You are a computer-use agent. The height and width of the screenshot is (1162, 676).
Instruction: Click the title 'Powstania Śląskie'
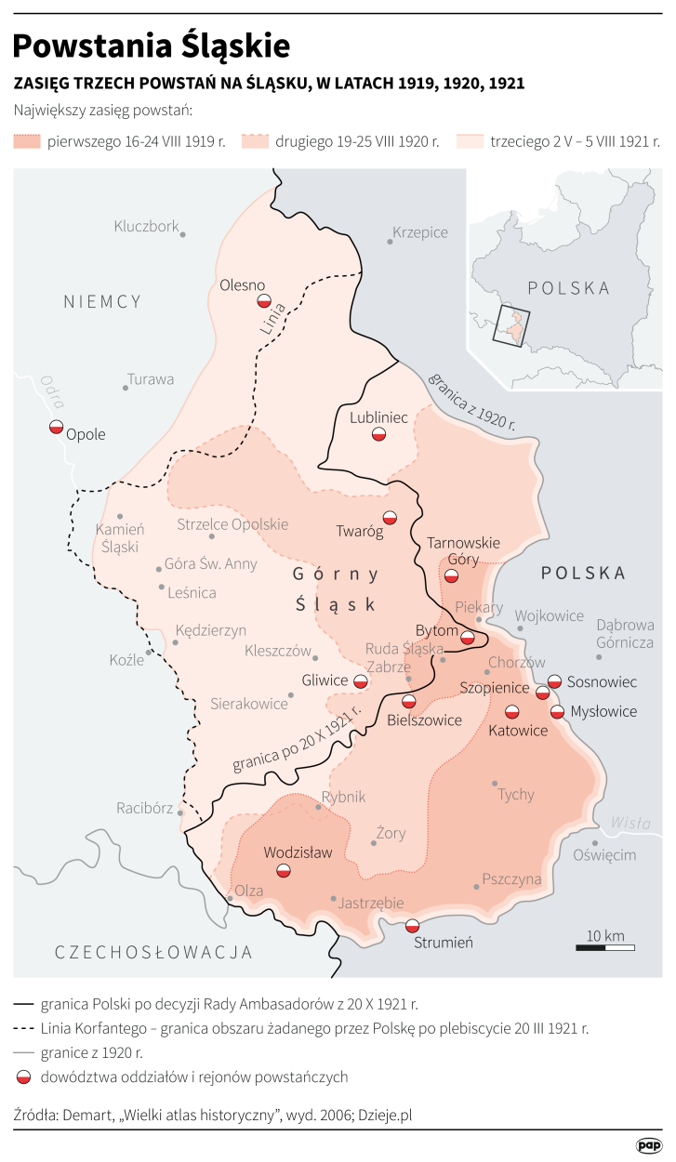tap(152, 46)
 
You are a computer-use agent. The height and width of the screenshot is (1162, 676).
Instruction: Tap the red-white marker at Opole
tap(56, 428)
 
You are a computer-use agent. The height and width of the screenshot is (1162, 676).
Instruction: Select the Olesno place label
tap(243, 285)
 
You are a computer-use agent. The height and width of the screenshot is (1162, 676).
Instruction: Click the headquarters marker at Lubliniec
tap(378, 434)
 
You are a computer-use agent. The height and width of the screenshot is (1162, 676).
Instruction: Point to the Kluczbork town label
tap(146, 226)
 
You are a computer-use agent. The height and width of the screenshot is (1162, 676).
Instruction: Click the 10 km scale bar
tap(605, 946)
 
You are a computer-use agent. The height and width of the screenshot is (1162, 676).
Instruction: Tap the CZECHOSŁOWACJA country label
tap(153, 952)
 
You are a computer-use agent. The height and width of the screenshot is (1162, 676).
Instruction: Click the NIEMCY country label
tap(102, 301)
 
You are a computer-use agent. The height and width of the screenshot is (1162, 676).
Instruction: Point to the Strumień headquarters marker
tap(412, 925)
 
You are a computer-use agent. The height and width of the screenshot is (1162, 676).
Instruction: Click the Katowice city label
tap(517, 732)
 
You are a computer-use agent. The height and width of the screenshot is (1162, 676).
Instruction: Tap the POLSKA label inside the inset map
tap(569, 288)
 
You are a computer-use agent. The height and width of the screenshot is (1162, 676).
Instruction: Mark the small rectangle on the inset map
tap(511, 325)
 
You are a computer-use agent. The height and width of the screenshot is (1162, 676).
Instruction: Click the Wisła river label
tap(630, 823)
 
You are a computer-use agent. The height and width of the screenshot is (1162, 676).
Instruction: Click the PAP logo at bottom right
tap(648, 1145)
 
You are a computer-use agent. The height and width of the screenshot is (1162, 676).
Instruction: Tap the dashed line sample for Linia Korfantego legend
tap(26, 1029)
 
